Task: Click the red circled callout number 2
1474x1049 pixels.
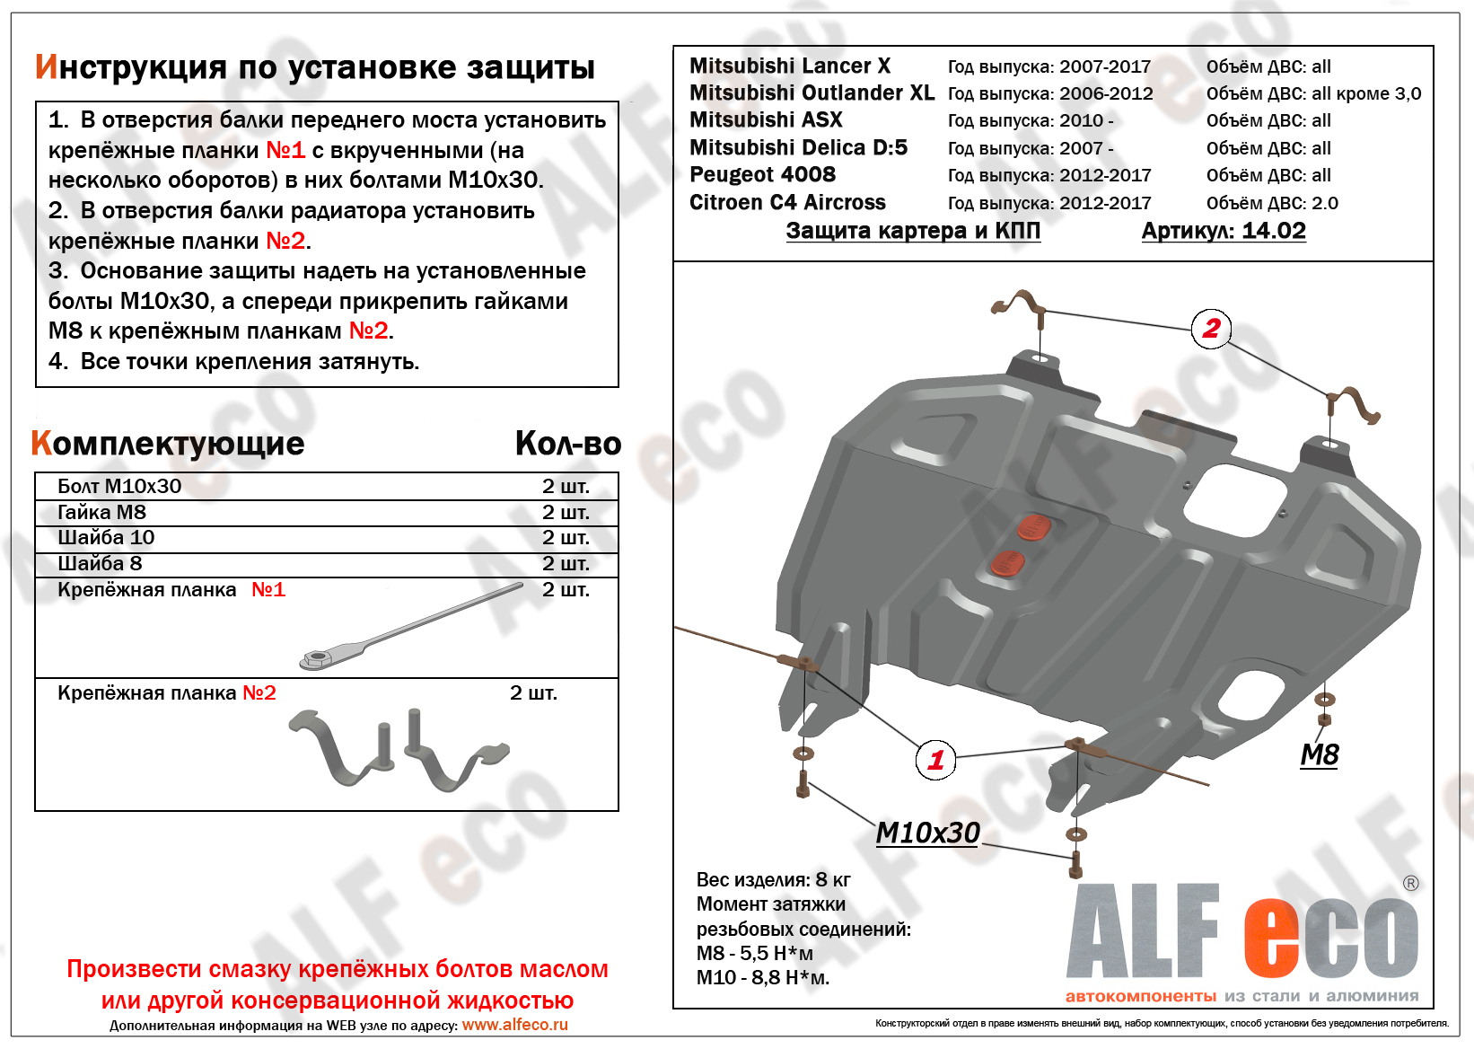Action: point(1211,329)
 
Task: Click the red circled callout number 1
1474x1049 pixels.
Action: point(935,761)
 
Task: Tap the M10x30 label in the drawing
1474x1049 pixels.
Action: point(927,833)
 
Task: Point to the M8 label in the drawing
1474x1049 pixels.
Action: point(1319,754)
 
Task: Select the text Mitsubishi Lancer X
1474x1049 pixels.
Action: point(789,66)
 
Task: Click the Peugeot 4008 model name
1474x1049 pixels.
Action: point(762,175)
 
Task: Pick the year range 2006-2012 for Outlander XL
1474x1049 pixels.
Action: point(1105,94)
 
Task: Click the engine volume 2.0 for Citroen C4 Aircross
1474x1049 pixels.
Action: point(1324,203)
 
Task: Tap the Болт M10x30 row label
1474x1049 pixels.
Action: point(119,486)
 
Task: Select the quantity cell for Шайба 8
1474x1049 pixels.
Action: point(566,564)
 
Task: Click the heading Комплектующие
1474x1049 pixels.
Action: point(168,444)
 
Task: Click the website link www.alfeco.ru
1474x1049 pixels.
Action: point(514,1025)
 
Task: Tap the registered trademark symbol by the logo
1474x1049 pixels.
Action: point(1410,884)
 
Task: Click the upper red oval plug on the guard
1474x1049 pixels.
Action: point(1034,527)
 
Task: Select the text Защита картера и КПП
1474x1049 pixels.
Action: point(912,231)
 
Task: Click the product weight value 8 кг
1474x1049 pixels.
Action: point(832,879)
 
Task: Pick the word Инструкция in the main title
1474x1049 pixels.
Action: point(130,67)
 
